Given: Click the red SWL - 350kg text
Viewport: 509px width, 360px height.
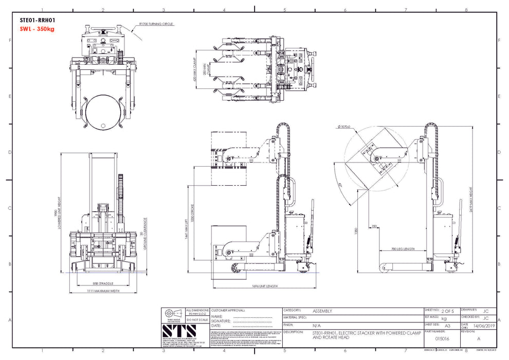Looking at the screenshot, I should [x=37, y=29].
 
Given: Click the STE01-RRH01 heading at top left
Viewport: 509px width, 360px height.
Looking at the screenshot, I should [x=38, y=21].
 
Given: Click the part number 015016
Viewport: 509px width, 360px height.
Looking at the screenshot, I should [x=442, y=339].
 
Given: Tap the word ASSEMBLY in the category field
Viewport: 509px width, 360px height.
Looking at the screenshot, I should [x=322, y=311].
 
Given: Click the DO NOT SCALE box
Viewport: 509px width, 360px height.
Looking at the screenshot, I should [x=196, y=319].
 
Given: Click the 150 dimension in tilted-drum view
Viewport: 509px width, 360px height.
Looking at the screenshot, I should [x=374, y=226].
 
